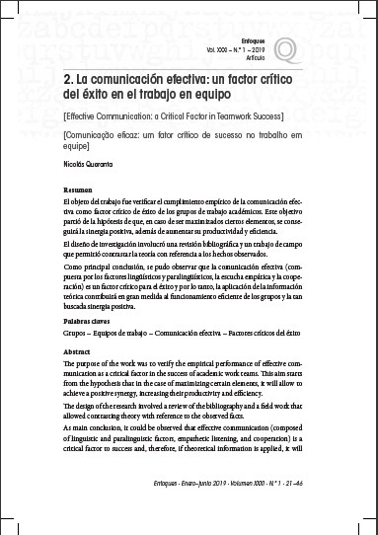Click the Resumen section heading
coord(81,190)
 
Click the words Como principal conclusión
coord(108,266)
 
